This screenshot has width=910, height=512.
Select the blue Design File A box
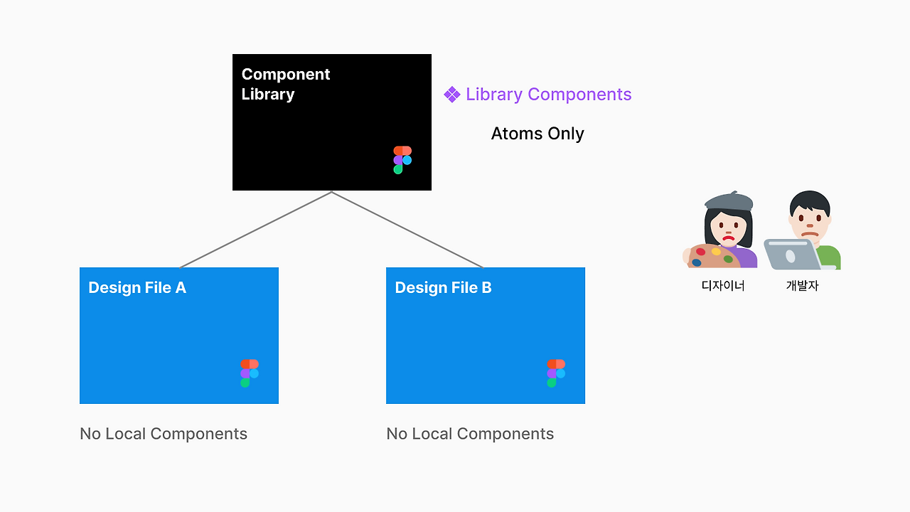coord(178,335)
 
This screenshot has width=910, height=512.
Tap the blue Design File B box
coord(485,335)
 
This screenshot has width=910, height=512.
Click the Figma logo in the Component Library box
coord(402,160)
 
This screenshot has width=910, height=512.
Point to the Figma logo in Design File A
coord(250,373)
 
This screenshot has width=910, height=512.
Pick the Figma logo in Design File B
coord(556,373)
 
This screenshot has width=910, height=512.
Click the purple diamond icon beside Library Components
coord(452,95)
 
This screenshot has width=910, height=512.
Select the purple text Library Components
coord(548,95)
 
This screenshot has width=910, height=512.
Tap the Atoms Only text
coord(537,134)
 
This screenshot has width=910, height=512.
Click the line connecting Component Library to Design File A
coord(256,230)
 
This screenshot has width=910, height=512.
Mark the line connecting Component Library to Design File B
coord(407,230)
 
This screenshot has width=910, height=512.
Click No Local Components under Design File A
coord(164,434)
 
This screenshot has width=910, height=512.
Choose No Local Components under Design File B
coord(470,434)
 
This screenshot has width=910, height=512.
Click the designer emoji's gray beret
coord(728,201)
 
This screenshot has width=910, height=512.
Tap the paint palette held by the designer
coord(711,256)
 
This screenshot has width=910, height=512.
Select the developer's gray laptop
coord(790,254)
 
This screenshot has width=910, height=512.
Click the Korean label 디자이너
coord(723,286)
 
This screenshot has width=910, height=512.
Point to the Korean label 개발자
coord(803,286)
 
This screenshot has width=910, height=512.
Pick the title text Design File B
coord(443,287)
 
